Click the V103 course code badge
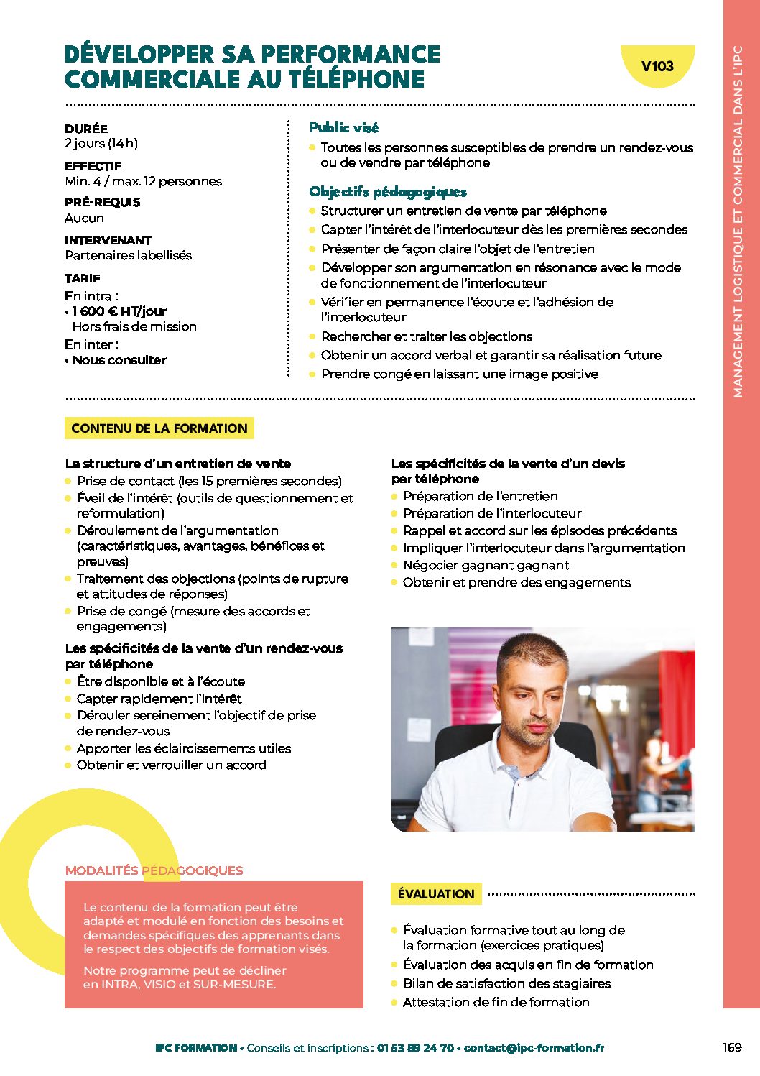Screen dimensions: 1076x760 coord(657,66)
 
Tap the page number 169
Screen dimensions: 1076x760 coord(732,1047)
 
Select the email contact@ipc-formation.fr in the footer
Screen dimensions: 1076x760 coord(534,1048)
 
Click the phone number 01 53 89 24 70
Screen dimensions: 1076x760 coord(415,1048)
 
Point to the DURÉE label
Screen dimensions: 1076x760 coord(86,129)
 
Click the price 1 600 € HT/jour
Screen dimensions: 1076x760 coord(119,311)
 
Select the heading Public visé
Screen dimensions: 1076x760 coord(343,128)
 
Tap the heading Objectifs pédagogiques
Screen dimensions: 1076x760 coord(388,192)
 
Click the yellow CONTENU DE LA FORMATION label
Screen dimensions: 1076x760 coord(159,428)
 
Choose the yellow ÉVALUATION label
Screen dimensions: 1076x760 coord(436,894)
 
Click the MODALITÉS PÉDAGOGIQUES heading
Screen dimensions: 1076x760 coord(154,870)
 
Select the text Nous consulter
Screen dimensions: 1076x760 coord(119,360)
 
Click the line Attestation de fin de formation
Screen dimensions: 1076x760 coord(496,1002)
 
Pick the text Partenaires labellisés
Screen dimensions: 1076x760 coord(129,255)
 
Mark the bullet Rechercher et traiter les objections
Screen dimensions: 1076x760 coord(427,336)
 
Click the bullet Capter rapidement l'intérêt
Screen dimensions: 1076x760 coord(159,699)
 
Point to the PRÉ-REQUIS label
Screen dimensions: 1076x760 coord(103,202)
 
